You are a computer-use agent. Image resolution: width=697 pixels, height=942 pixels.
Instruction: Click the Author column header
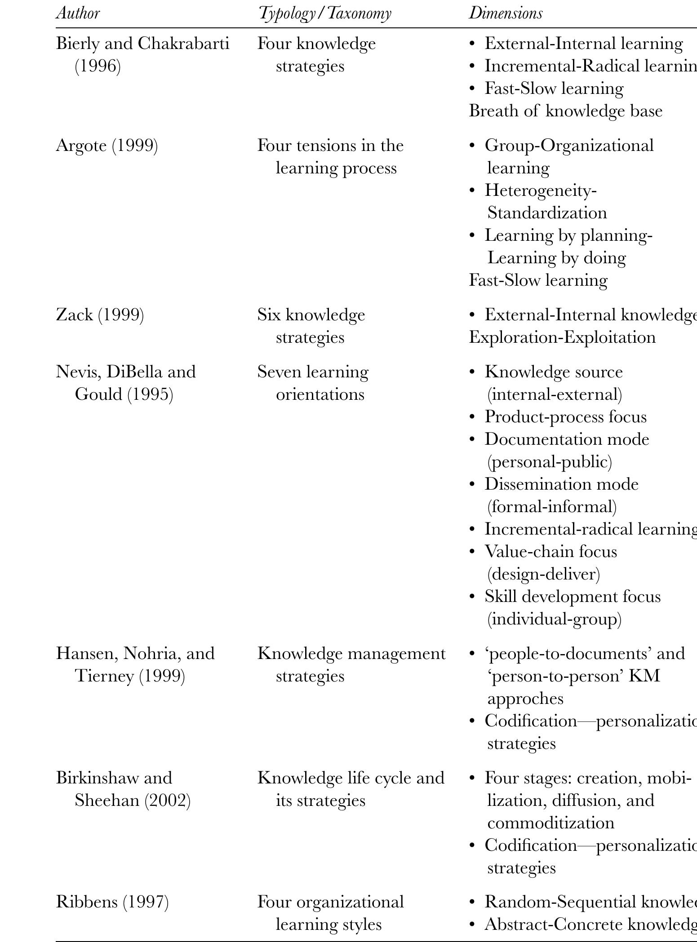[78, 13]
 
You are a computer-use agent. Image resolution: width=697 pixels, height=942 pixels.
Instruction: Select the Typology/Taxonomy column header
[324, 13]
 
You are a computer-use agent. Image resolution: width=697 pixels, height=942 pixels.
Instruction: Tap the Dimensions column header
[506, 13]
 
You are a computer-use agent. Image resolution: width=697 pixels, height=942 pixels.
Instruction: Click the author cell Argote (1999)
[107, 146]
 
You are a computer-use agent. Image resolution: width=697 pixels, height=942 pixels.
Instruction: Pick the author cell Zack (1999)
[100, 315]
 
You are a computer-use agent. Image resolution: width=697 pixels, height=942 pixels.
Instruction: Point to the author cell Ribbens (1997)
[112, 902]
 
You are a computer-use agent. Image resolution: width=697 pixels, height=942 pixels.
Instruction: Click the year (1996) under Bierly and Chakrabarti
[98, 66]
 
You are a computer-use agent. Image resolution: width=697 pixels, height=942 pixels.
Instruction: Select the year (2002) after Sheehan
[167, 800]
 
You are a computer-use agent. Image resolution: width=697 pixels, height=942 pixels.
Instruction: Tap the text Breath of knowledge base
[565, 111]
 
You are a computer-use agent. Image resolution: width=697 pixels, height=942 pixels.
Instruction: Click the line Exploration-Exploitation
[562, 337]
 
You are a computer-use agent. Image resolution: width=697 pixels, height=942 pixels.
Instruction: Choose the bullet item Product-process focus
[565, 417]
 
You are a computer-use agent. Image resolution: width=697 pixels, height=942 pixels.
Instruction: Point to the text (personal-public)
[550, 462]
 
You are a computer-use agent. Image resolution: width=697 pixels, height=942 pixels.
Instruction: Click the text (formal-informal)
[552, 507]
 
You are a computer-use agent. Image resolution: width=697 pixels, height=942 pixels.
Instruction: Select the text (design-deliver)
[544, 574]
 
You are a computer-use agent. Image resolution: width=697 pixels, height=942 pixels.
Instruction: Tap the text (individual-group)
[555, 619]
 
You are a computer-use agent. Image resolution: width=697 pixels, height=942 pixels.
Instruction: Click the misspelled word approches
[525, 699]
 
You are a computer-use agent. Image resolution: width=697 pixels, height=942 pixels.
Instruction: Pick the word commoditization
[550, 823]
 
